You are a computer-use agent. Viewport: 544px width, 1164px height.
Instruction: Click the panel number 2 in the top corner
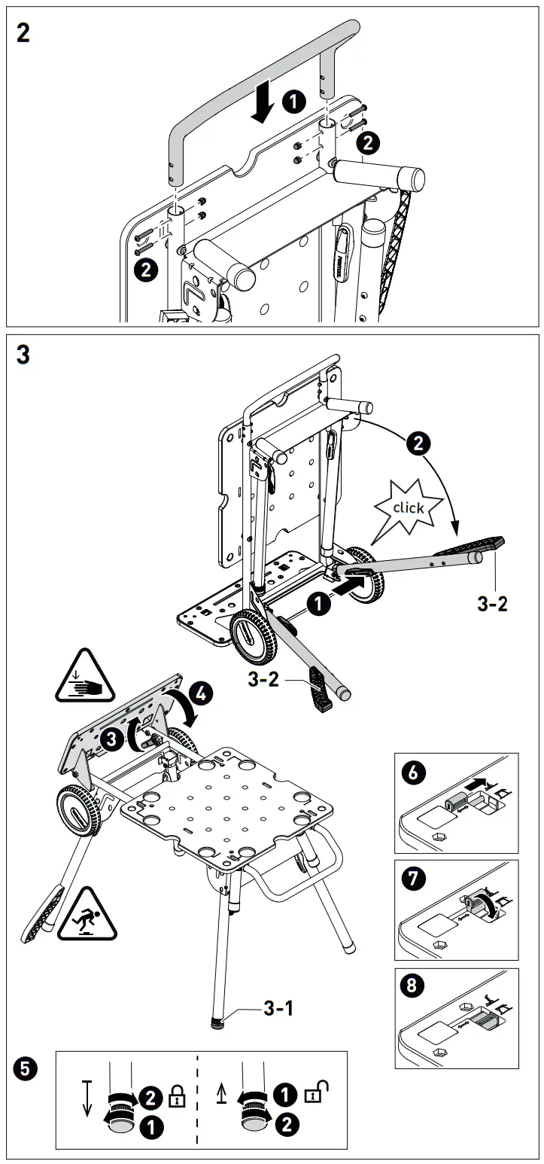pyautogui.click(x=23, y=34)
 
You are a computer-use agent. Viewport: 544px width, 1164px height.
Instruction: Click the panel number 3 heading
pyautogui.click(x=23, y=355)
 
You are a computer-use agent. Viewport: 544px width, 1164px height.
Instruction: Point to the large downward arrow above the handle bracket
pyautogui.click(x=263, y=104)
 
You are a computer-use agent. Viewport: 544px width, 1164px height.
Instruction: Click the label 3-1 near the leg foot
pyautogui.click(x=278, y=1008)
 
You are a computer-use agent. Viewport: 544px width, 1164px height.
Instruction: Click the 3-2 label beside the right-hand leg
pyautogui.click(x=492, y=604)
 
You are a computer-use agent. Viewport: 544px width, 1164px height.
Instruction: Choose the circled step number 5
pyautogui.click(x=24, y=1067)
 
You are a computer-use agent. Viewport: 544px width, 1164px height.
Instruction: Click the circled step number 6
pyautogui.click(x=413, y=772)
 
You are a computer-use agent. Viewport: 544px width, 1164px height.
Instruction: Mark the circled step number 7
pyautogui.click(x=413, y=877)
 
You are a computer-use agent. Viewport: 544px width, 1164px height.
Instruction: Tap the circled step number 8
pyautogui.click(x=413, y=983)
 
